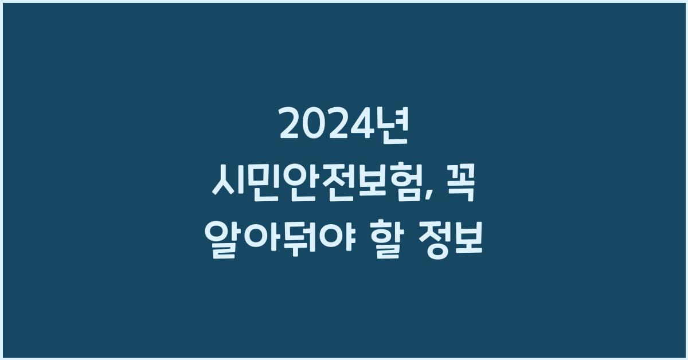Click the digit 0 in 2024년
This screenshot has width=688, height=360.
[x=315, y=126]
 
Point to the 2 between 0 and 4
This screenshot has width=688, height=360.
[x=341, y=126]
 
